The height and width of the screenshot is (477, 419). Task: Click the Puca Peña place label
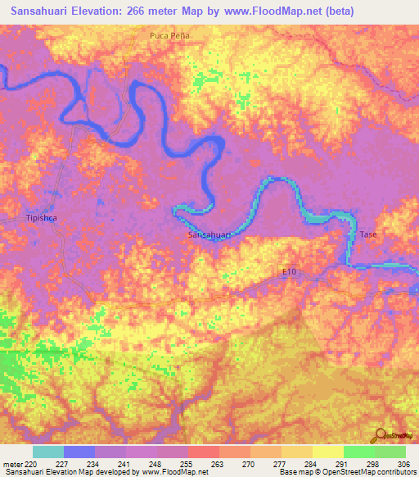pyautogui.click(x=169, y=36)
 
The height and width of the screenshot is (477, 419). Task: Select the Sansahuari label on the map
pyautogui.click(x=210, y=235)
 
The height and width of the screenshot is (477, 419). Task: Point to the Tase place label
pyautogui.click(x=369, y=235)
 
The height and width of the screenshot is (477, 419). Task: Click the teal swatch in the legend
pyautogui.click(x=48, y=452)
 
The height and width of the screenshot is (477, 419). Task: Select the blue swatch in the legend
pyautogui.click(x=79, y=452)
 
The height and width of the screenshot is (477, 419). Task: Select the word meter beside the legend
pyautogui.click(x=11, y=463)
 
